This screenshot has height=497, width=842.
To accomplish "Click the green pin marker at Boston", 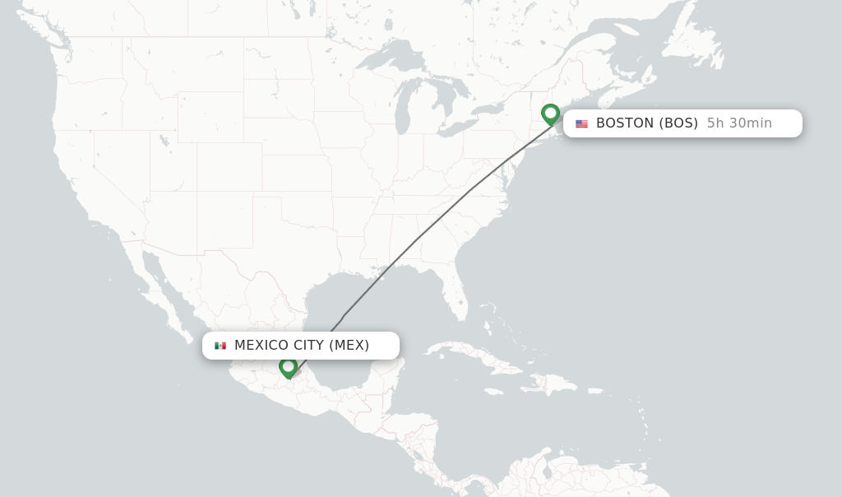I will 551,114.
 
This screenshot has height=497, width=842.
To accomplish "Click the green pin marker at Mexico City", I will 288,366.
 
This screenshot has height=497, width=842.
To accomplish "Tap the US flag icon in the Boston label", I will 581,123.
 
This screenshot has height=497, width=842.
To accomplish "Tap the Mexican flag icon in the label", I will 220,346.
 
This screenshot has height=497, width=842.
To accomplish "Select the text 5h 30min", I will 739,123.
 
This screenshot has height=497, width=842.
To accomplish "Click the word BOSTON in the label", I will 625,123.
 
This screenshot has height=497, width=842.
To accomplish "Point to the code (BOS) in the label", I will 678,123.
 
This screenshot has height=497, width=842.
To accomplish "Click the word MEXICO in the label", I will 261,346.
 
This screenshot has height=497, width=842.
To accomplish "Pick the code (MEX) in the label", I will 349,346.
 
